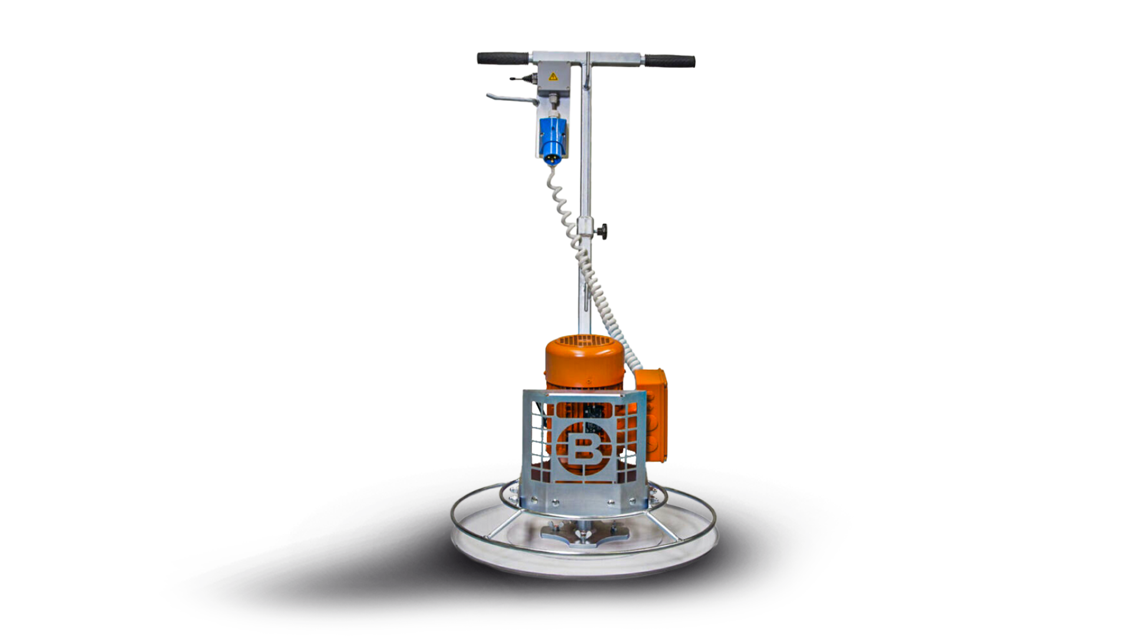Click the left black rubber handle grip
point(502,58)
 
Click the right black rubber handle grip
point(670,61)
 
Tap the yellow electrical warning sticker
point(553,77)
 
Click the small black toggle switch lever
point(518,77)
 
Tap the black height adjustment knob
point(601,230)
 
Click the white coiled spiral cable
point(580,253)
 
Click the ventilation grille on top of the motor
point(583,340)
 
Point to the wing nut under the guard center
point(585,535)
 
